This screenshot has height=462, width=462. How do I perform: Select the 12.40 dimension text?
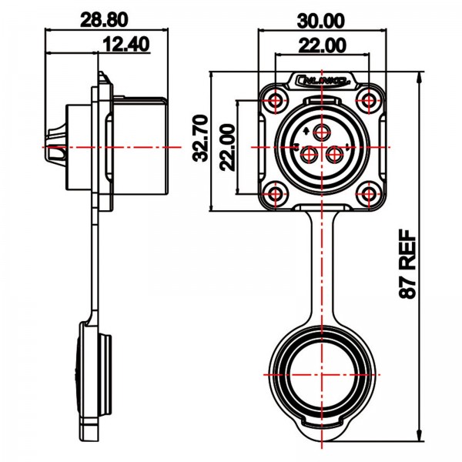(x=125, y=45)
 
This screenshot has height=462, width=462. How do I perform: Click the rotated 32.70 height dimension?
(x=200, y=137)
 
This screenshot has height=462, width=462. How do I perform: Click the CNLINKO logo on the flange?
(x=323, y=79)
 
